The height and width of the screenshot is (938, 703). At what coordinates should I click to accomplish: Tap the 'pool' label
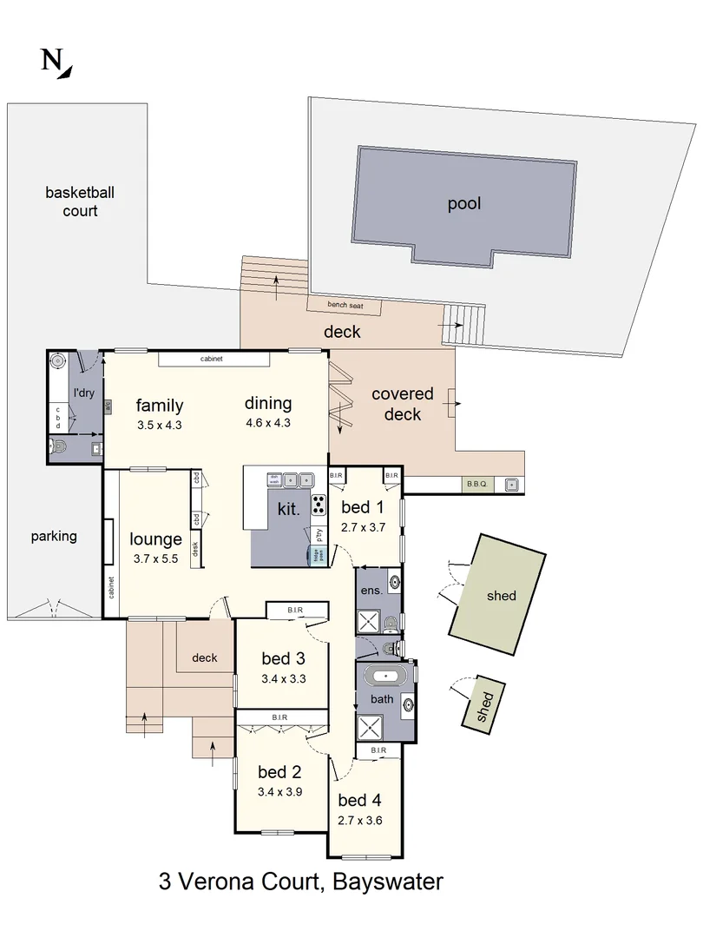tap(464, 204)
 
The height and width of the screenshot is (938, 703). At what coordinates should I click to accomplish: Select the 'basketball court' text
tap(80, 201)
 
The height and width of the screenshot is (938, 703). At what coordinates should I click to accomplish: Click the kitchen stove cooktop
tap(319, 505)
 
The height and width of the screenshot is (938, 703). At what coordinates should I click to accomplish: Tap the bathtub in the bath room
tap(382, 675)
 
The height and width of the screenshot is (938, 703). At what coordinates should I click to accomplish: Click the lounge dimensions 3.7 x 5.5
tap(156, 559)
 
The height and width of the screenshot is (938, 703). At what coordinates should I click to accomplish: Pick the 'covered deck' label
tap(402, 405)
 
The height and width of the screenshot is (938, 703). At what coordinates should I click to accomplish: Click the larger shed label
tap(501, 596)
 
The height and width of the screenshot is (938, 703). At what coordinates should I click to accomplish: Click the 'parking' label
tap(54, 536)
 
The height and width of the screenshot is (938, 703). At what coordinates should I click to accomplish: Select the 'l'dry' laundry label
tap(83, 393)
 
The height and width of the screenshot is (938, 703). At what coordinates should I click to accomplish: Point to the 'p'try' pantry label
tap(319, 534)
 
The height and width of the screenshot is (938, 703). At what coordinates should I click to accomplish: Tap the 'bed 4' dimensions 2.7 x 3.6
tap(359, 819)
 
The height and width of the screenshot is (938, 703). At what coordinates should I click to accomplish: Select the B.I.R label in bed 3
tap(295, 611)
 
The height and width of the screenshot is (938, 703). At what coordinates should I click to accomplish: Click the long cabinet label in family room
tap(214, 359)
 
